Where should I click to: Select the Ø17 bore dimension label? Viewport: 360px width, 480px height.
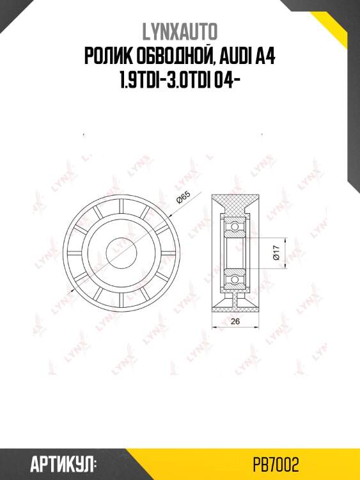tap(277, 254)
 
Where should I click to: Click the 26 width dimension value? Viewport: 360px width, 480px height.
tap(235, 321)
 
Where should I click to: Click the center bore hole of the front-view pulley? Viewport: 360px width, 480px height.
tap(120, 247)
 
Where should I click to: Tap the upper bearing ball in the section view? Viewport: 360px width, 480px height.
tap(235, 227)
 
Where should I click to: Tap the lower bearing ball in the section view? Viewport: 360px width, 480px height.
tap(235, 280)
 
